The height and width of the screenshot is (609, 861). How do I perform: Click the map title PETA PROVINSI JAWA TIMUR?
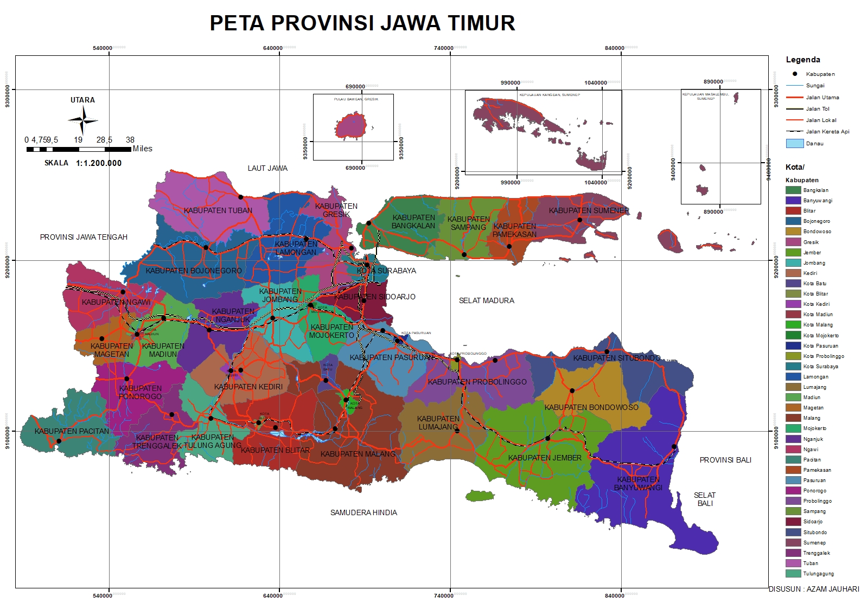click(362, 23)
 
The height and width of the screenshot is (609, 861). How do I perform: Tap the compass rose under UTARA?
click(83, 120)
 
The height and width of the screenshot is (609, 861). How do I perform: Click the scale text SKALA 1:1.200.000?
click(83, 163)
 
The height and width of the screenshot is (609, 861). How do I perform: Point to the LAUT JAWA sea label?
click(267, 168)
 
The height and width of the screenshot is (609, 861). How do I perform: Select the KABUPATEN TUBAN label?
click(218, 210)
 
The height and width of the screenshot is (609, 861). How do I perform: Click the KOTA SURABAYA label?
click(386, 271)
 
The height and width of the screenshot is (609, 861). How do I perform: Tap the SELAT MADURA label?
click(486, 300)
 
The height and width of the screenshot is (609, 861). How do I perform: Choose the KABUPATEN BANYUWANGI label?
click(638, 483)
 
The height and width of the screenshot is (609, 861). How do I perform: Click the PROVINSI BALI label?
click(725, 460)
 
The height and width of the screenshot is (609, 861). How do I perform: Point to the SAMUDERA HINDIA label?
click(363, 512)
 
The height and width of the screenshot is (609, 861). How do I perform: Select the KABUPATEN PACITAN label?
click(72, 431)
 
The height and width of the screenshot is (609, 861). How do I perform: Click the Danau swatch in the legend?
click(794, 144)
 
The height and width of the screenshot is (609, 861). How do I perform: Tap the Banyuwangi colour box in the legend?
click(793, 201)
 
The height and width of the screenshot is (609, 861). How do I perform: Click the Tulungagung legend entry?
click(818, 574)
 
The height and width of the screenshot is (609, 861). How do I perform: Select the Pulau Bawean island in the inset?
click(352, 126)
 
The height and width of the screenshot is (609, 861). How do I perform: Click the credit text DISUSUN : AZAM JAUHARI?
click(813, 589)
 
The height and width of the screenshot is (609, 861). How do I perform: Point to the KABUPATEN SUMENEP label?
click(589, 210)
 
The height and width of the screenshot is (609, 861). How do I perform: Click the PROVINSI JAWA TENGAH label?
click(84, 237)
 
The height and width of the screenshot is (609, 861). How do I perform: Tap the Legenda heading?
click(802, 60)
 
